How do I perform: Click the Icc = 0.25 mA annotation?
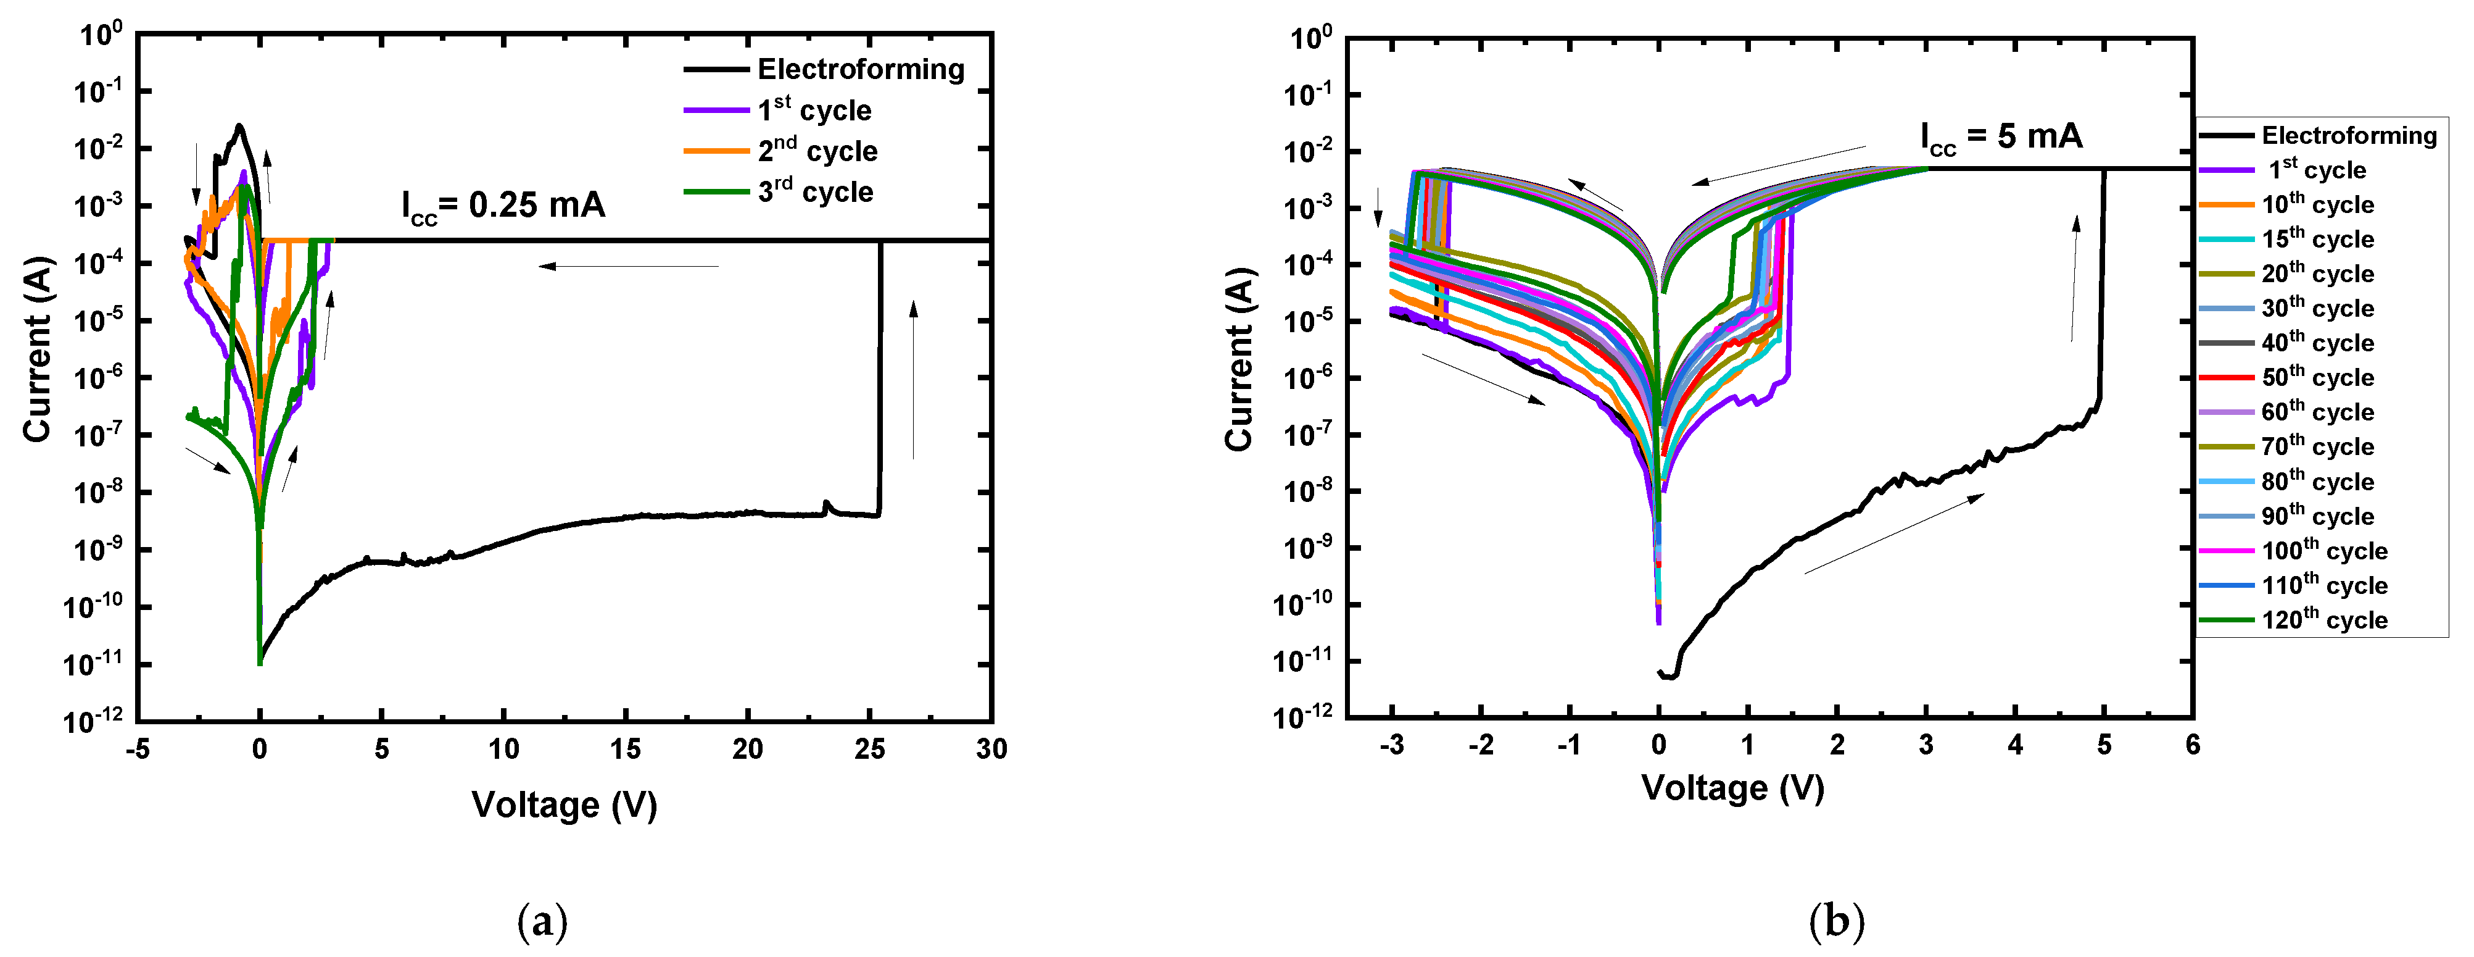[503, 206]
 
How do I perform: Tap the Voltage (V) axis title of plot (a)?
[565, 805]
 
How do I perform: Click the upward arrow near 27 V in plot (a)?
[913, 380]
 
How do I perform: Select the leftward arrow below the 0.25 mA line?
[629, 266]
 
